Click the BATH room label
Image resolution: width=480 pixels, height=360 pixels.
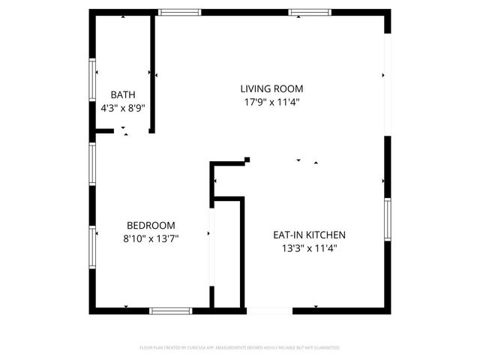pos(122,94)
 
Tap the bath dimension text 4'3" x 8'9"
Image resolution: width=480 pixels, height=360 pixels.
pos(122,108)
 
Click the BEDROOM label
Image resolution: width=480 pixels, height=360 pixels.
pos(151,225)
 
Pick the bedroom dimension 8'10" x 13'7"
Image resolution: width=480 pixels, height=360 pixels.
pos(151,238)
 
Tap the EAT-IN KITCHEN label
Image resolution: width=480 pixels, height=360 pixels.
pos(309,235)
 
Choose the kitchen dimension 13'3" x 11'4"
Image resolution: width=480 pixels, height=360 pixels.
pos(309,248)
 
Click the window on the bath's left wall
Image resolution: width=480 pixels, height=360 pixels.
pos(92,80)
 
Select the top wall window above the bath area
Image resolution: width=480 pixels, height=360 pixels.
pos(179,12)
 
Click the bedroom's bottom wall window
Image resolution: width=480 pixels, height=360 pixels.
pos(171,310)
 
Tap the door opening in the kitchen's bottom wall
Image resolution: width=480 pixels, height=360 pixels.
pos(268,310)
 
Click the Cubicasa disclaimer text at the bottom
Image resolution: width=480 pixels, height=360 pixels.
pos(240,348)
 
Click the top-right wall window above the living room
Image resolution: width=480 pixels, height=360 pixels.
pos(310,12)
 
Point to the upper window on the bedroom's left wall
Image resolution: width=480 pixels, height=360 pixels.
pos(92,163)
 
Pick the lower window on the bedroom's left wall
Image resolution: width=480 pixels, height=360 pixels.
pos(92,247)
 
